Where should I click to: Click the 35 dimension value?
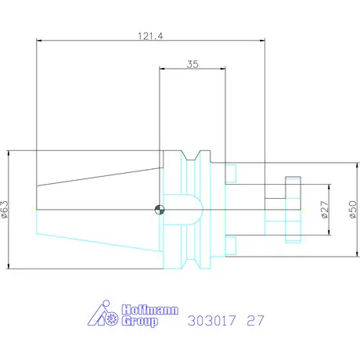pyautogui.click(x=193, y=65)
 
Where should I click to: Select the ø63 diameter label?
pyautogui.click(x=5, y=211)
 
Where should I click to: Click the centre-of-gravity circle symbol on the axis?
pyautogui.click(x=159, y=209)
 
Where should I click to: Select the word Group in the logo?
pyautogui.click(x=139, y=322)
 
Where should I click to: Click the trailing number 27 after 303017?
pyautogui.click(x=255, y=320)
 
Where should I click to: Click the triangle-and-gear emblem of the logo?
pyautogui.click(x=101, y=315)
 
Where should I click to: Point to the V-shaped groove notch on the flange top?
pyautogui.click(x=195, y=156)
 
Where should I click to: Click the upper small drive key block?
pyautogui.click(x=232, y=173)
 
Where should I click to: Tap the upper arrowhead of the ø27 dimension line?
pyautogui.click(x=329, y=188)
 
